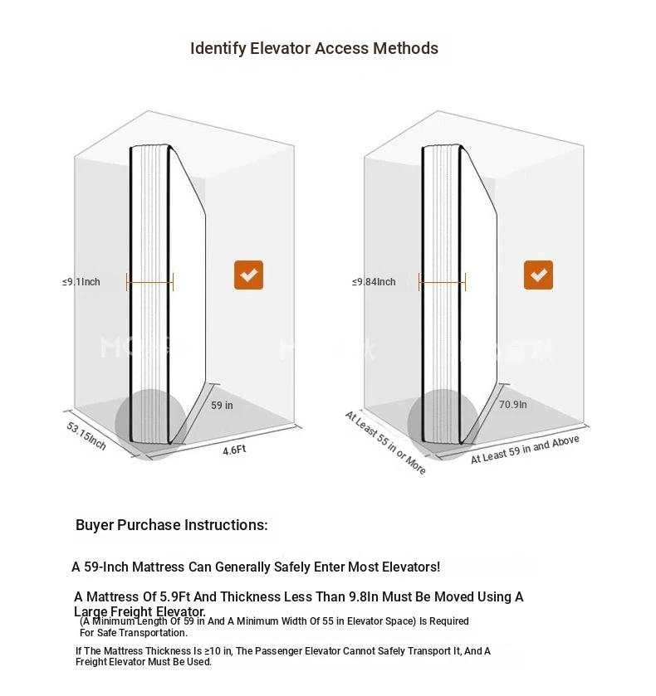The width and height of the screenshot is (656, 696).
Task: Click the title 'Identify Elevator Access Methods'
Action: click(314, 48)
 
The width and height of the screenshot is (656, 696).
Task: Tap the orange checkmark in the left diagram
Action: click(248, 275)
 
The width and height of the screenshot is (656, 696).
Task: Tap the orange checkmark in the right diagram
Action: click(538, 275)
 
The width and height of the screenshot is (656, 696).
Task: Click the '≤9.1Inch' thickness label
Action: click(81, 282)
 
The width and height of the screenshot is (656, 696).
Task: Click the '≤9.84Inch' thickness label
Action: click(374, 282)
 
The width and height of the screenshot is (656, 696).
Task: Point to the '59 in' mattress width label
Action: click(222, 406)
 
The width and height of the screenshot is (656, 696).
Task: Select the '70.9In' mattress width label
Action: click(512, 405)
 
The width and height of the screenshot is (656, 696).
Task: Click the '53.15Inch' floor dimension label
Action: click(86, 436)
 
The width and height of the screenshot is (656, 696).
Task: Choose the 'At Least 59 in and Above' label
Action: click(525, 449)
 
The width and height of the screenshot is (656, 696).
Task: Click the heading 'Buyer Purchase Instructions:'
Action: click(172, 525)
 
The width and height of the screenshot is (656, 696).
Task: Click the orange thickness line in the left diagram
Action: click(149, 282)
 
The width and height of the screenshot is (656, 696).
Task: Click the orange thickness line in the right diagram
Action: click(442, 282)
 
